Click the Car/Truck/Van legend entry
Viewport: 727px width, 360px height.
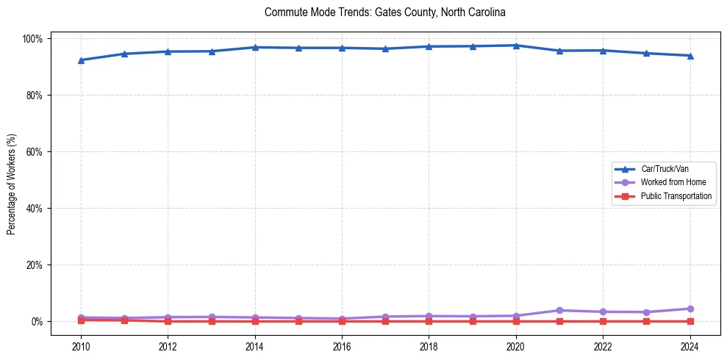pos(664,169)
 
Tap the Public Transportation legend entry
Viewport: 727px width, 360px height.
pos(676,196)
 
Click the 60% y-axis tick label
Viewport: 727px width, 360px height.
pos(35,152)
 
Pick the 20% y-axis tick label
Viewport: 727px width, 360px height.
pos(35,265)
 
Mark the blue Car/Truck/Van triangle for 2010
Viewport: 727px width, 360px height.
pos(81,60)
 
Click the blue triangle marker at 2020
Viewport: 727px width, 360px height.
pos(516,46)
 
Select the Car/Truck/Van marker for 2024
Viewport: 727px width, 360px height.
pos(690,56)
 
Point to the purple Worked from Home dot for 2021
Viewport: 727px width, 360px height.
pos(559,311)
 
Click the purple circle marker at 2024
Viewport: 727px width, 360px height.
pos(690,309)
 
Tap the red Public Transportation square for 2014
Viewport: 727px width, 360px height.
pos(255,321)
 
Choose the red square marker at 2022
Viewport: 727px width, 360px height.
pos(603,321)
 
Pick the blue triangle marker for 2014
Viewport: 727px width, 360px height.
pos(255,47)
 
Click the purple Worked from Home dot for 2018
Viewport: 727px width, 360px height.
pos(429,316)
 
